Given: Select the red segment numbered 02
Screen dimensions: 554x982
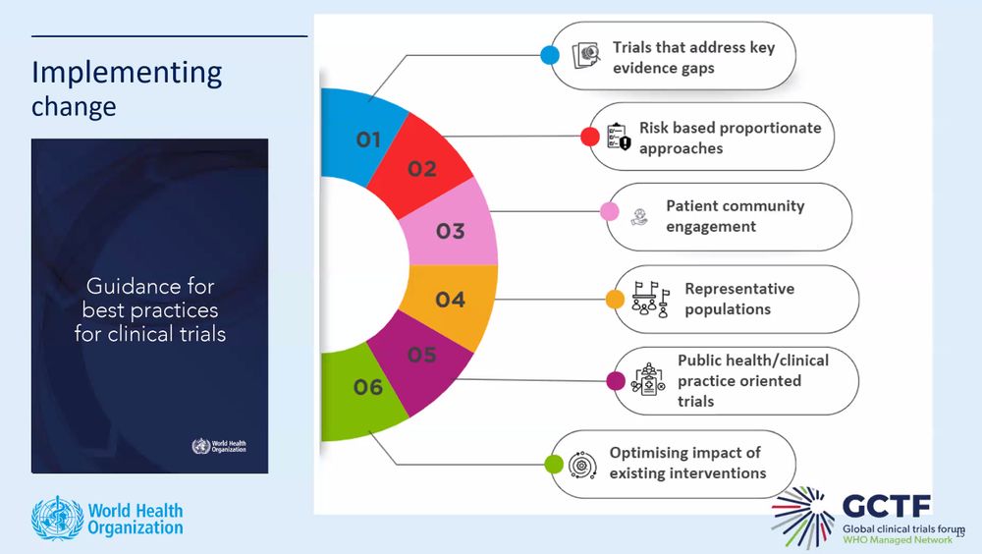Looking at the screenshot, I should point(422,167).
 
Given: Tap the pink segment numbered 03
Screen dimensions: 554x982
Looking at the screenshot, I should point(451,231).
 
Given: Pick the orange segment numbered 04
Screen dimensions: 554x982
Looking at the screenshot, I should point(451,299).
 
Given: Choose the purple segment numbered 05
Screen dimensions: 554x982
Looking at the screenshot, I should point(422,355).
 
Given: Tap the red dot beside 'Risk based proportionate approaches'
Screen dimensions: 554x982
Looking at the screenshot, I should point(589,137).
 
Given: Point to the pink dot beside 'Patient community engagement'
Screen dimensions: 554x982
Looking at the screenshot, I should point(609,211).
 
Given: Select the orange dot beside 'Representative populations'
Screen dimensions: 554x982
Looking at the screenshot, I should point(615,299).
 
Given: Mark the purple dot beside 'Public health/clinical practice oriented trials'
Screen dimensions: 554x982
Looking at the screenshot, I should point(616,380).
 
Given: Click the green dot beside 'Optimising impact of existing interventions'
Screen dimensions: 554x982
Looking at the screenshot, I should point(553,464).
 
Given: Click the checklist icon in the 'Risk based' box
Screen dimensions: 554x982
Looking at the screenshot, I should point(618,138).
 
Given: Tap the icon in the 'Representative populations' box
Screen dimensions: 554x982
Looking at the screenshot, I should point(650,299).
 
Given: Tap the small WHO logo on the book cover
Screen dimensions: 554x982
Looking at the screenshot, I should point(200,447).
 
